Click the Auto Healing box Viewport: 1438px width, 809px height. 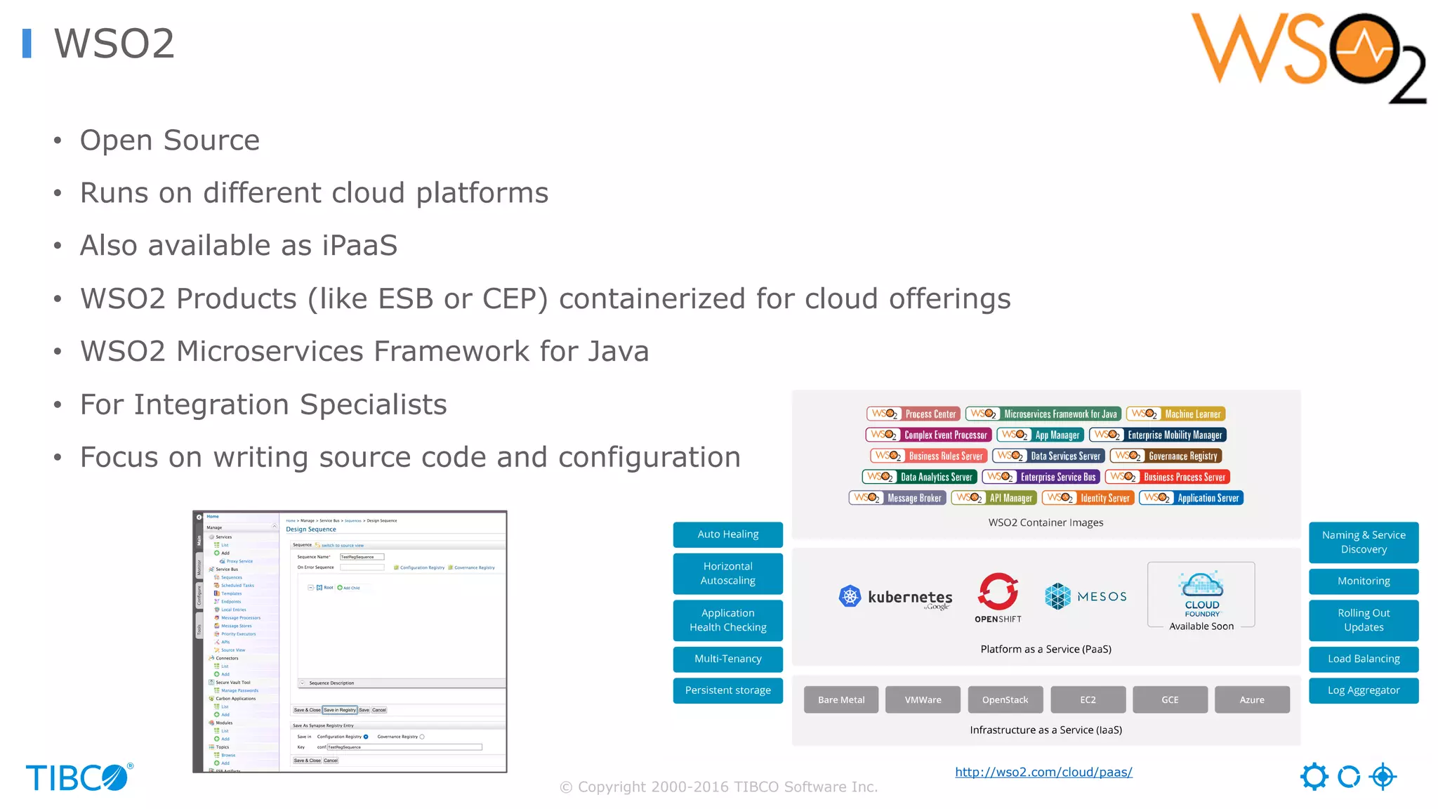coord(727,534)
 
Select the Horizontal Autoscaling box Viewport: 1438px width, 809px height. coord(727,573)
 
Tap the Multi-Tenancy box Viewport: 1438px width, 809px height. coord(727,659)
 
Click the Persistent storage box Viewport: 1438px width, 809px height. coord(727,690)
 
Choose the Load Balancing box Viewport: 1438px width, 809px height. coord(1363,659)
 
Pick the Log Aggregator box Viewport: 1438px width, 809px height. coord(1363,690)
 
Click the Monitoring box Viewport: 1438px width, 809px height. coord(1363,581)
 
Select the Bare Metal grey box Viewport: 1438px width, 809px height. coord(840,699)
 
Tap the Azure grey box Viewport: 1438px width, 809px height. coord(1251,699)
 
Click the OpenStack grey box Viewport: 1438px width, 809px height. coord(1005,699)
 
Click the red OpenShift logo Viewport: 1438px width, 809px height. coord(998,592)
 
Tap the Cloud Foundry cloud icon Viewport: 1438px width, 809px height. coord(1201,584)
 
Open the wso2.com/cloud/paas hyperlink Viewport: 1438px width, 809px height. coord(1043,772)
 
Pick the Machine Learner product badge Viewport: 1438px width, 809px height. coord(1175,414)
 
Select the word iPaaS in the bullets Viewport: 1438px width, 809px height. coord(359,246)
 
